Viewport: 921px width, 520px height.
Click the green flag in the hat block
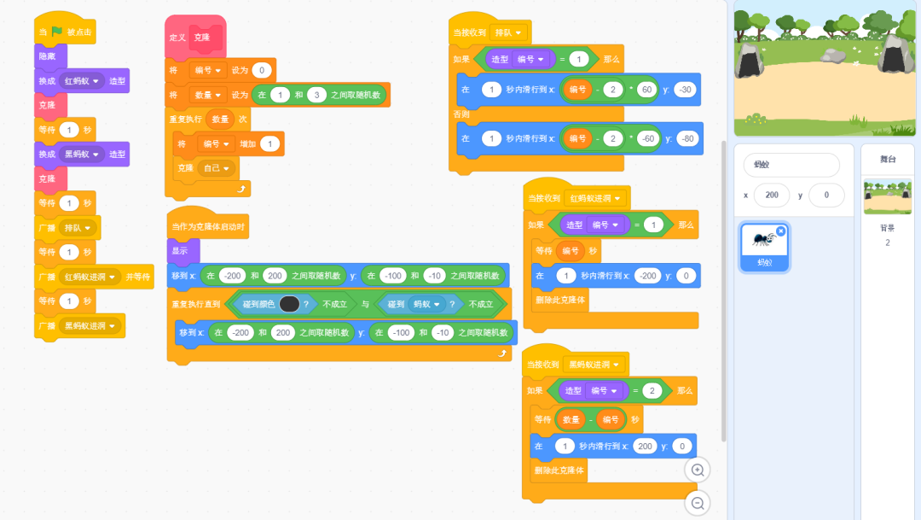[57, 32]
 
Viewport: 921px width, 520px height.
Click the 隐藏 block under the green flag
[48, 56]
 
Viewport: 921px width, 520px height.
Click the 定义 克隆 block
[178, 38]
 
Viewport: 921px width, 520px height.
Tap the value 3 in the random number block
[317, 95]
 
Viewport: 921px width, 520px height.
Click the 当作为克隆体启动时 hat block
[208, 226]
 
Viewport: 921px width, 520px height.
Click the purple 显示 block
[181, 251]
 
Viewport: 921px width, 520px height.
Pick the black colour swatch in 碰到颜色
[289, 303]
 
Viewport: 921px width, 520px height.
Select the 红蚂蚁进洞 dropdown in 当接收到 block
[597, 198]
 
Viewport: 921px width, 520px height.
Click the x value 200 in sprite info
[772, 196]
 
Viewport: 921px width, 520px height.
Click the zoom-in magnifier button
[698, 470]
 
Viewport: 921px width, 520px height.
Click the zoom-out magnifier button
[698, 504]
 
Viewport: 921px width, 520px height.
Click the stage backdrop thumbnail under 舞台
[887, 197]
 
